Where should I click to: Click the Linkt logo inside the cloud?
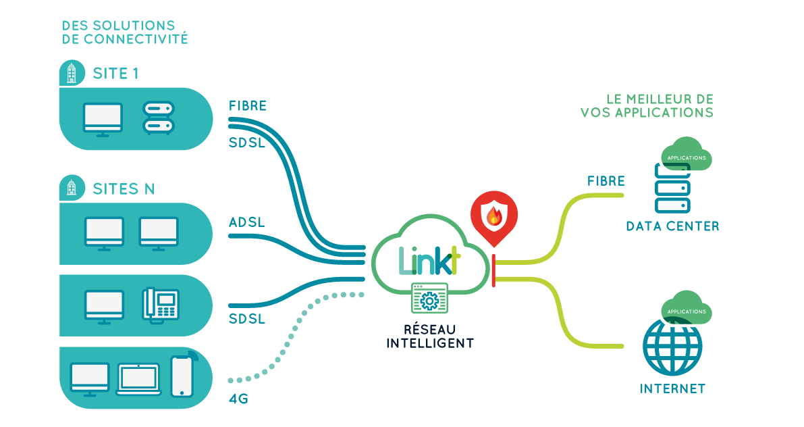pyautogui.click(x=429, y=260)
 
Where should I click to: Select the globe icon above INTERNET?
pyautogui.click(x=672, y=346)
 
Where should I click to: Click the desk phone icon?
pyautogui.click(x=161, y=304)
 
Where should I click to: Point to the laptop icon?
pyautogui.click(x=139, y=380)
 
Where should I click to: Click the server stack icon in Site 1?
pyautogui.click(x=159, y=118)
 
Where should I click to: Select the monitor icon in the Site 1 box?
pyautogui.click(x=103, y=120)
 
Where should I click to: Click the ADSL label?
pyautogui.click(x=246, y=222)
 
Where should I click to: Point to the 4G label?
pyautogui.click(x=239, y=399)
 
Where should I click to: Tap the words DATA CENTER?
pyautogui.click(x=672, y=226)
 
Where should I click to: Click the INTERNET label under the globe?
pyautogui.click(x=672, y=388)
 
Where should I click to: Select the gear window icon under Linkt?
pyautogui.click(x=429, y=298)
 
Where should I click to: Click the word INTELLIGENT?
pyautogui.click(x=429, y=343)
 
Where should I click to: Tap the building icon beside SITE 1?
pyautogui.click(x=70, y=73)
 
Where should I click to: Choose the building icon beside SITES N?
pyautogui.click(x=70, y=188)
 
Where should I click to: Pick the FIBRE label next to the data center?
pyautogui.click(x=606, y=181)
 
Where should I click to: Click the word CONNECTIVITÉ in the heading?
pyautogui.click(x=134, y=39)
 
